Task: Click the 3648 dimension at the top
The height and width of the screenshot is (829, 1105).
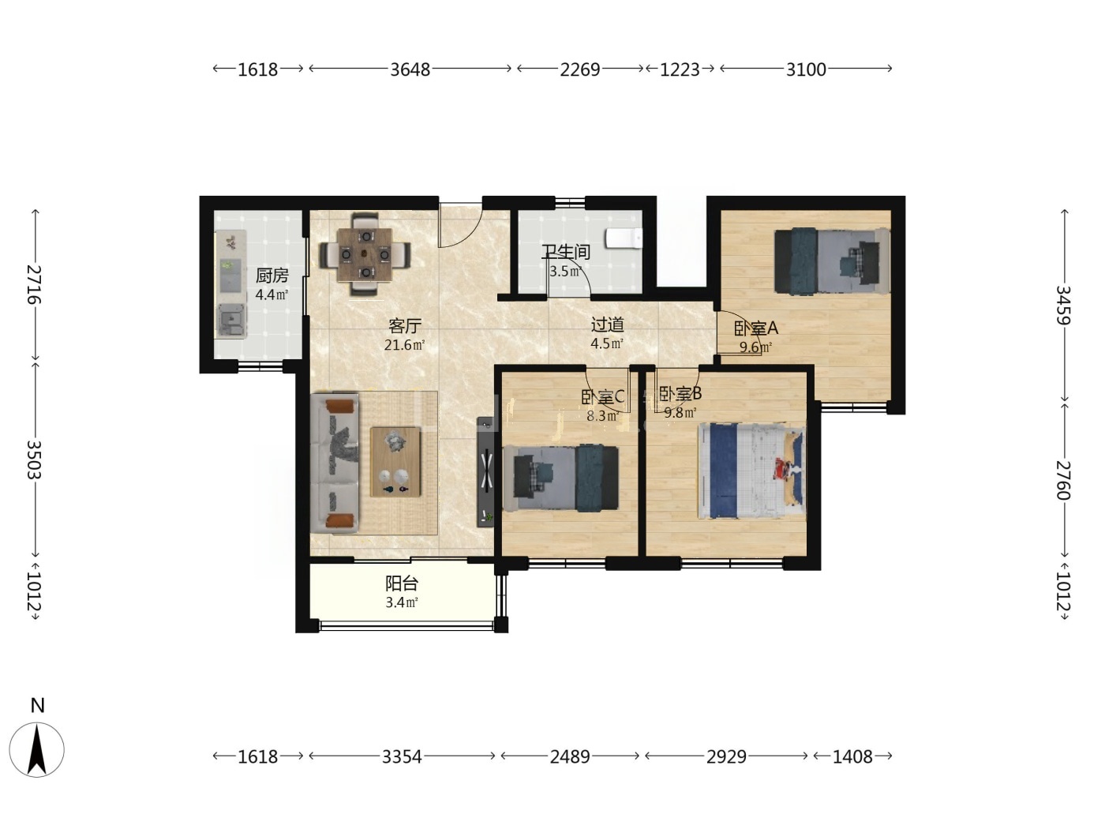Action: click(410, 69)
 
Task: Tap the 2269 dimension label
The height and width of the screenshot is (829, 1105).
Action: click(579, 69)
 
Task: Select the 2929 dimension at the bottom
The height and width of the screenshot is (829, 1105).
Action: click(726, 756)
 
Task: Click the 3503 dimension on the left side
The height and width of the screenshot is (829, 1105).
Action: click(34, 460)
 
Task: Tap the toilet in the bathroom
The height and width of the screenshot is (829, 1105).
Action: click(624, 238)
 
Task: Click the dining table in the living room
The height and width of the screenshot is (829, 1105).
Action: click(365, 255)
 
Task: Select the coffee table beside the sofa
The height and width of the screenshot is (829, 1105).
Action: click(395, 462)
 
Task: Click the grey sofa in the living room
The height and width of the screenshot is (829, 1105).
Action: click(335, 463)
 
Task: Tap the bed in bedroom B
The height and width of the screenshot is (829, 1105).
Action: click(751, 471)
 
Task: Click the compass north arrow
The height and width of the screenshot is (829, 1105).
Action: click(37, 748)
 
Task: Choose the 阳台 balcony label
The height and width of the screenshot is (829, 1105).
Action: click(402, 583)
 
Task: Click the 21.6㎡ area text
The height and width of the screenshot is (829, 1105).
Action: click(404, 345)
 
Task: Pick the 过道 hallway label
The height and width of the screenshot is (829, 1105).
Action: click(607, 325)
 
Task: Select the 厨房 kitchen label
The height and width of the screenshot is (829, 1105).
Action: click(272, 276)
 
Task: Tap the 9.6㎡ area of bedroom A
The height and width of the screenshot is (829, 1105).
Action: click(755, 347)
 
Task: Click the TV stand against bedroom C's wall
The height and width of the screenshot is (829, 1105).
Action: click(485, 471)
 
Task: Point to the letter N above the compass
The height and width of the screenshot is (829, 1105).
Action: click(38, 706)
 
